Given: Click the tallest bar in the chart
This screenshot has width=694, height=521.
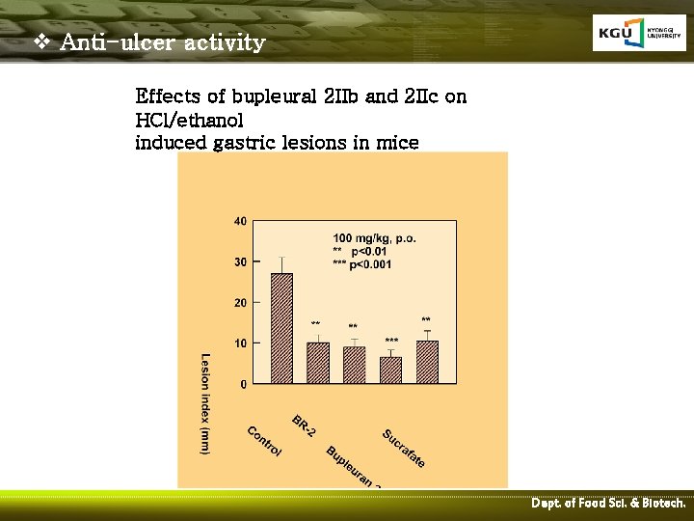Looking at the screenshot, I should point(281,328).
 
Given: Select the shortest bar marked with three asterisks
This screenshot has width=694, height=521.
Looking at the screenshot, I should point(390,370).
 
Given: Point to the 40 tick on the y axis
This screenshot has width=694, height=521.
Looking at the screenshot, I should point(240,221).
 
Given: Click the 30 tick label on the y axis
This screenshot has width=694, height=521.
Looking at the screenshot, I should point(240,261).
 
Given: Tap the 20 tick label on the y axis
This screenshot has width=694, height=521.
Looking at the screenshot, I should point(240,303).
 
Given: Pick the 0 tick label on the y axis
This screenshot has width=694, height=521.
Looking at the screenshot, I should point(243,384).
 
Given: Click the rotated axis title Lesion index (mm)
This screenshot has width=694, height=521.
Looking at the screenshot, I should point(205,403).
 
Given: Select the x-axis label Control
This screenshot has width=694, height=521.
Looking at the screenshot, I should point(264,442).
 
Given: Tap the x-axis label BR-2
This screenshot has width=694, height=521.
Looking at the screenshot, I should point(305,425).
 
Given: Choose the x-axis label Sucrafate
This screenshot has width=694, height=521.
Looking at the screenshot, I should point(404,449).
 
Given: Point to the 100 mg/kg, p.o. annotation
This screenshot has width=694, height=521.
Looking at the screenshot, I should point(375,237).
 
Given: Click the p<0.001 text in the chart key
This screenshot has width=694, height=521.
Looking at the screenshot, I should point(370,264).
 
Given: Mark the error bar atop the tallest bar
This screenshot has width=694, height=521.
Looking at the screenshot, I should point(281,265).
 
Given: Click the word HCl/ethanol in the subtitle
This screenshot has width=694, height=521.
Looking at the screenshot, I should point(190,121).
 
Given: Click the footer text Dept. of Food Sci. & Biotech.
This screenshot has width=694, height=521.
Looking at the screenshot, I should point(608,504).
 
